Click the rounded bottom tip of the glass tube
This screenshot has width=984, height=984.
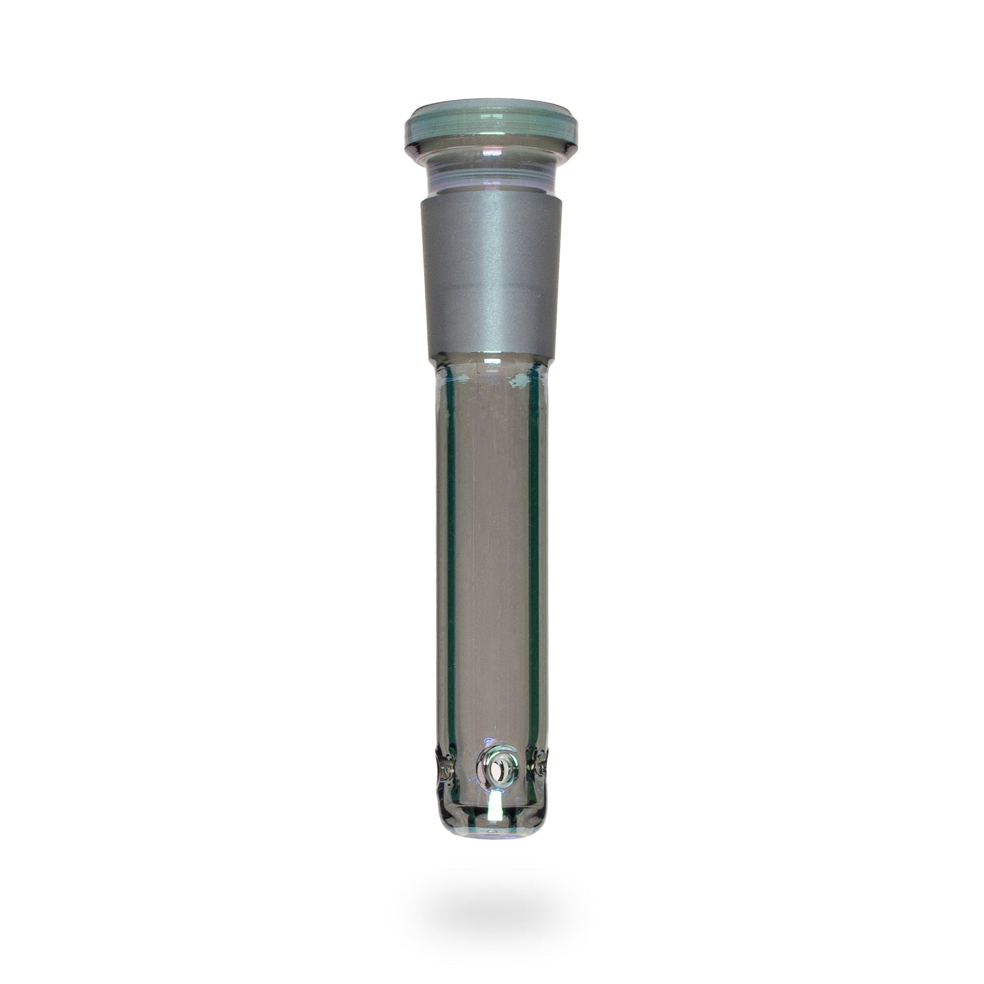click(x=492, y=836)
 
